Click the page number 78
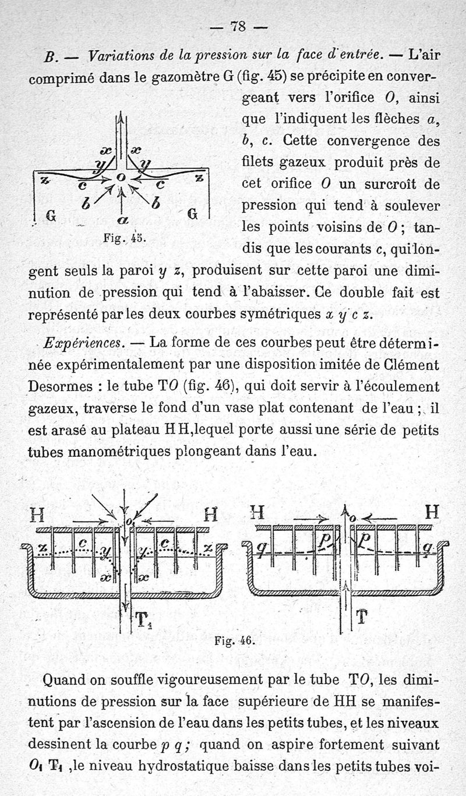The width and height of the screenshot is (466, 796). click(238, 26)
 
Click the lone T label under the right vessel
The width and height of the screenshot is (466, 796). click(361, 617)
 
